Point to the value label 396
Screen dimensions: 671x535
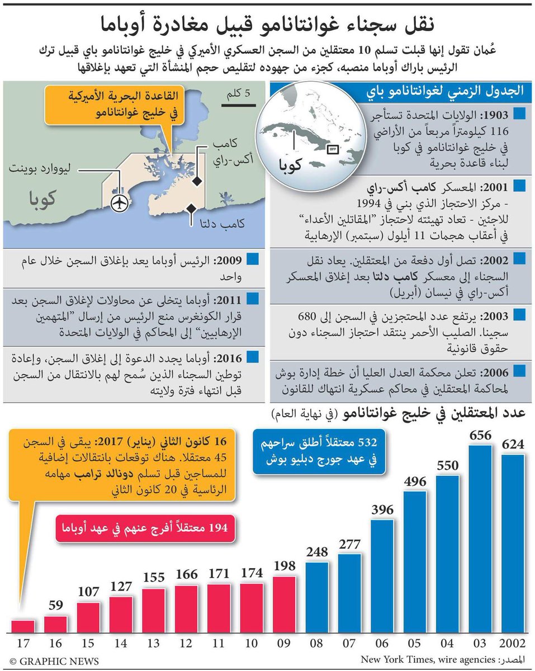tap(382, 509)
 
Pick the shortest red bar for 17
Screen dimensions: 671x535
tap(23, 626)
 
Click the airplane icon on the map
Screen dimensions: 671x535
tap(119, 204)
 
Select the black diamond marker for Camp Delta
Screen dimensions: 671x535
tap(190, 209)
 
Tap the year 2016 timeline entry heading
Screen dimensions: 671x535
tap(228, 356)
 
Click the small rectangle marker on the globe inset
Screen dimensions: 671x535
tap(332, 149)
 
